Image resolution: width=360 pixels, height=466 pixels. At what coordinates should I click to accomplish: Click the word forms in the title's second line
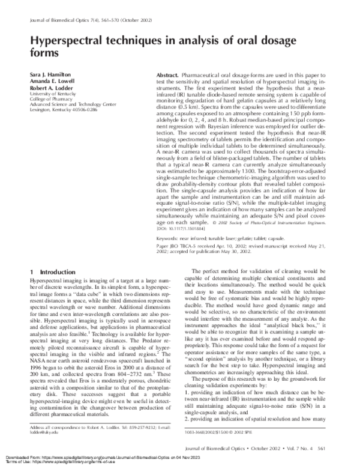click(43, 53)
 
